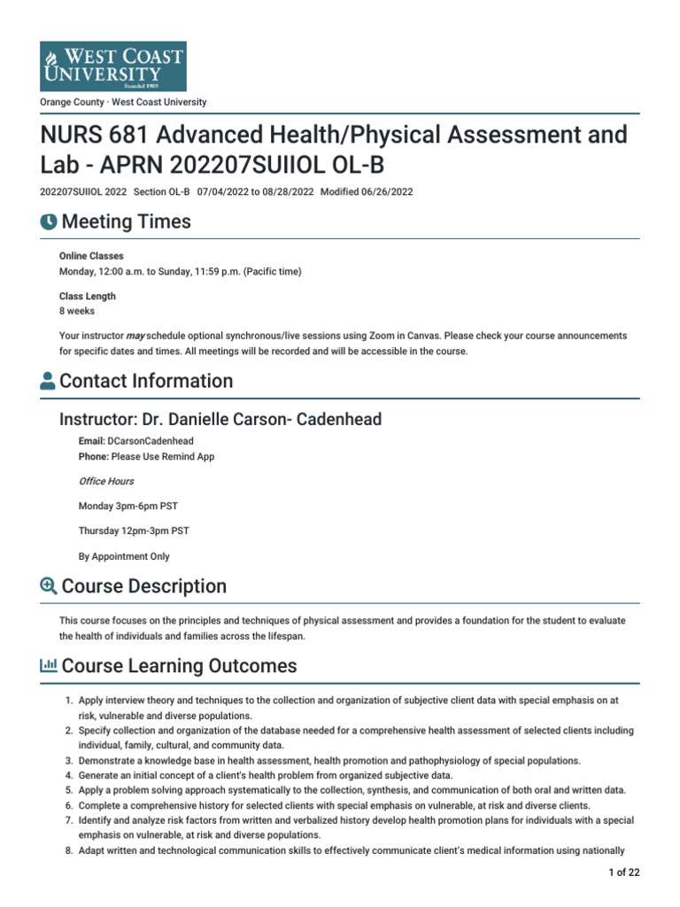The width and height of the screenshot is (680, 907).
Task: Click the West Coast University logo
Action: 113,66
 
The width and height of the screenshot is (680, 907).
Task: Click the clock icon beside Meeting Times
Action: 49,222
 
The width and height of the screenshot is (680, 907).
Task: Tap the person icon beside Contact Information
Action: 49,382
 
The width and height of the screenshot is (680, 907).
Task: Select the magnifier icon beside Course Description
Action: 49,586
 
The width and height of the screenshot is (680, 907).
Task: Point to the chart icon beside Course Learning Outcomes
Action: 49,666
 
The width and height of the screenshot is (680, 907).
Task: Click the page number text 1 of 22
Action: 624,872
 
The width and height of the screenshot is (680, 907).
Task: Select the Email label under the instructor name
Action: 92,440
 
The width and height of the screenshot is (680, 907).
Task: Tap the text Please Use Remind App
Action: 163,457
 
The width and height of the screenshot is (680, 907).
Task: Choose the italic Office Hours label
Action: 106,481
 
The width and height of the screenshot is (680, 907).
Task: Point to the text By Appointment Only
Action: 124,557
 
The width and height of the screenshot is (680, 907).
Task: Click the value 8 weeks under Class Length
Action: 76,312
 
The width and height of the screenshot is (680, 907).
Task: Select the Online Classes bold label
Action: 91,256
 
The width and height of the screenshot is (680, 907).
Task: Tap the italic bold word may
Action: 135,337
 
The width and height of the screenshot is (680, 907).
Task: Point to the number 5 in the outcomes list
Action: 69,790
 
